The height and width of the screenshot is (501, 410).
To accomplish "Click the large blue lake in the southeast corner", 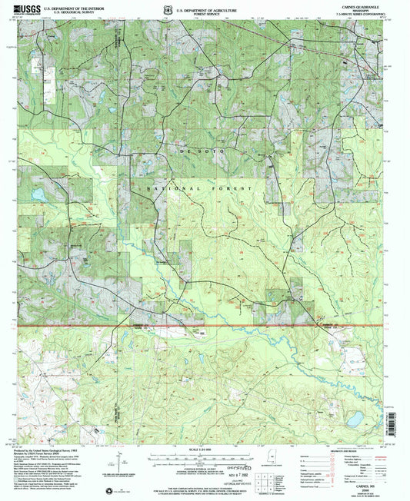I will (355, 419).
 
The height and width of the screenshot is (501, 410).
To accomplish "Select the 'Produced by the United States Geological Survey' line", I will (54, 449).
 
